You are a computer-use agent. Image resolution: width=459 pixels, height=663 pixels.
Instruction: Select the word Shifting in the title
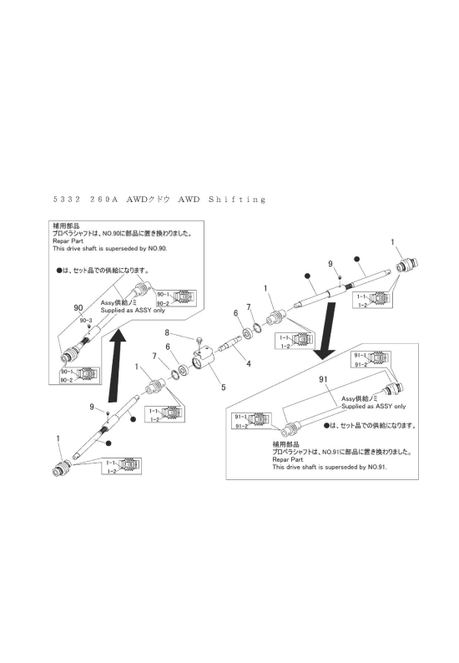coord(235,200)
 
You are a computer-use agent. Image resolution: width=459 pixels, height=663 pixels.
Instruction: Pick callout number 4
coord(249,363)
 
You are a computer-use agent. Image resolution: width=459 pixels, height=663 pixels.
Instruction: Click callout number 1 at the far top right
coord(392,241)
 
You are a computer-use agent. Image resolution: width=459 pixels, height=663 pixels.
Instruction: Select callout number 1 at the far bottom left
coord(58,438)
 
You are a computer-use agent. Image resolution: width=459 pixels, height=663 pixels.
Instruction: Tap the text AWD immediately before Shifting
coord(190,200)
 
